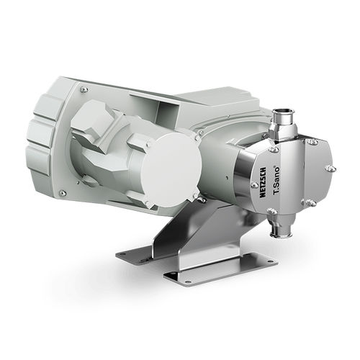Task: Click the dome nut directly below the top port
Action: tap(273, 150)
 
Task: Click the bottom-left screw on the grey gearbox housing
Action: tap(63, 193)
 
